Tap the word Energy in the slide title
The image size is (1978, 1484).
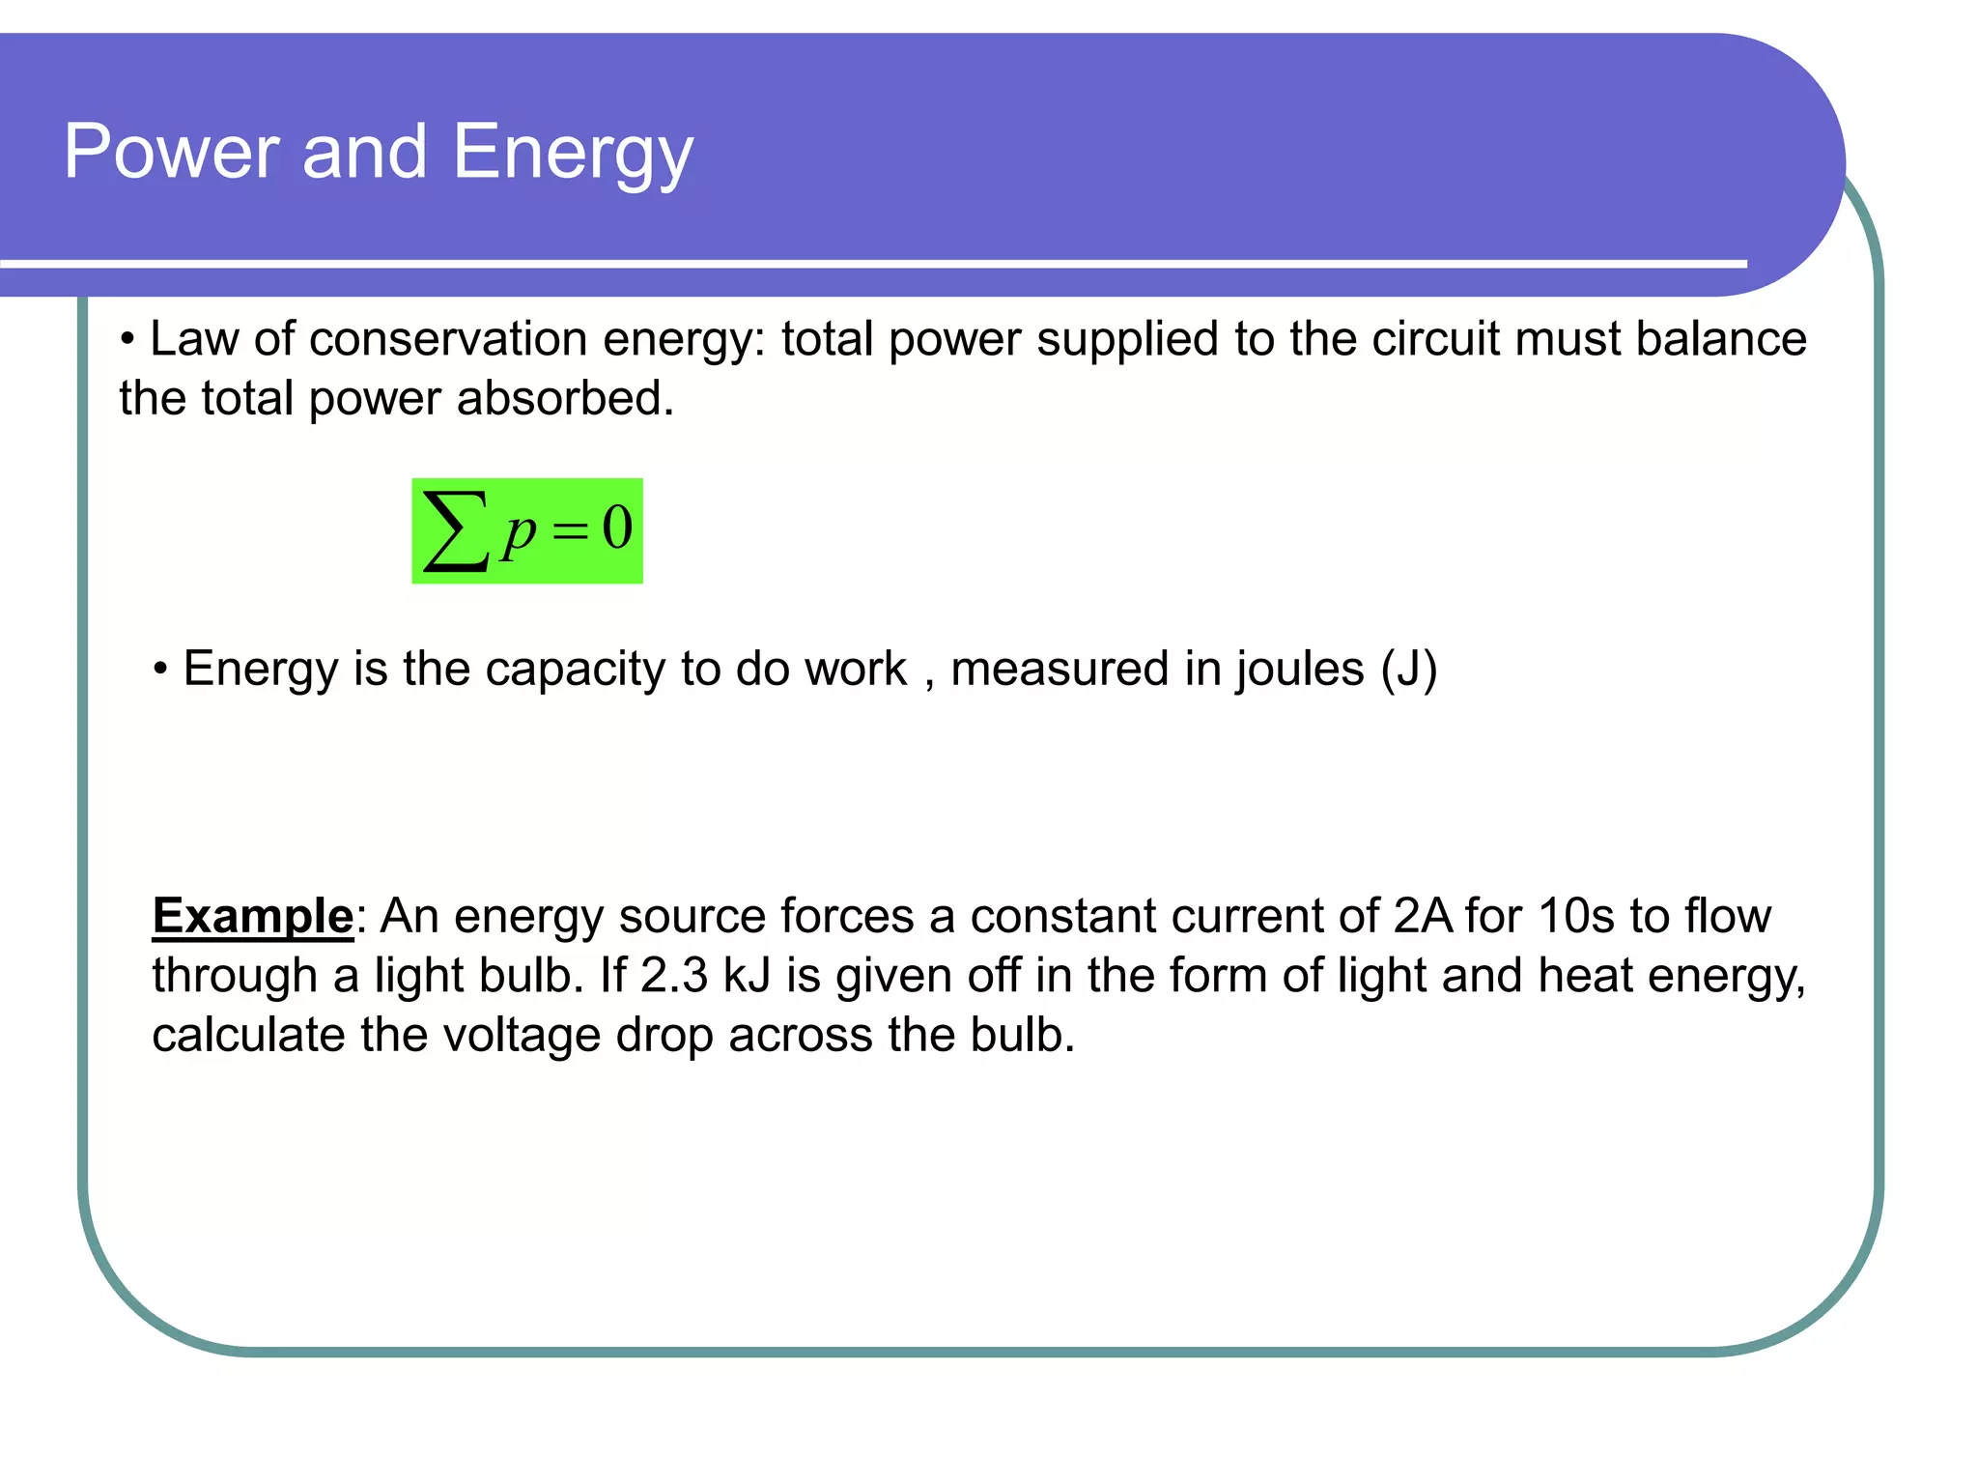point(573,155)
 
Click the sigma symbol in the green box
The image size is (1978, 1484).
point(454,530)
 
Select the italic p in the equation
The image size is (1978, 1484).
point(519,533)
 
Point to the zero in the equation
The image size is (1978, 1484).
point(617,528)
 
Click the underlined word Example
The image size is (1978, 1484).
point(253,916)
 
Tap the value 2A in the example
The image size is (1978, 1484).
point(1423,916)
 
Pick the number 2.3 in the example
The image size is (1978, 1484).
point(674,976)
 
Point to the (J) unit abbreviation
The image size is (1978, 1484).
point(1409,670)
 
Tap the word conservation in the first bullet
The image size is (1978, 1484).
point(448,339)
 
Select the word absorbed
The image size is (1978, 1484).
point(565,399)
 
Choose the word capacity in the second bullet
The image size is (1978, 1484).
point(575,670)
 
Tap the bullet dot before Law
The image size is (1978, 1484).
point(127,340)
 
